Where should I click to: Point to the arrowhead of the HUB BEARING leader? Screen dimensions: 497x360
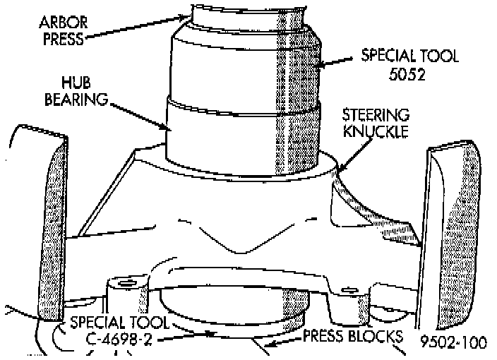[x=169, y=128]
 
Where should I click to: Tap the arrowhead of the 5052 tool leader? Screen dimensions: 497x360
[x=316, y=65]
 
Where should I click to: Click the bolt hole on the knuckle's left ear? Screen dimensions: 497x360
[x=126, y=284]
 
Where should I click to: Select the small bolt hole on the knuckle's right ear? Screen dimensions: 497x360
[x=347, y=289]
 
